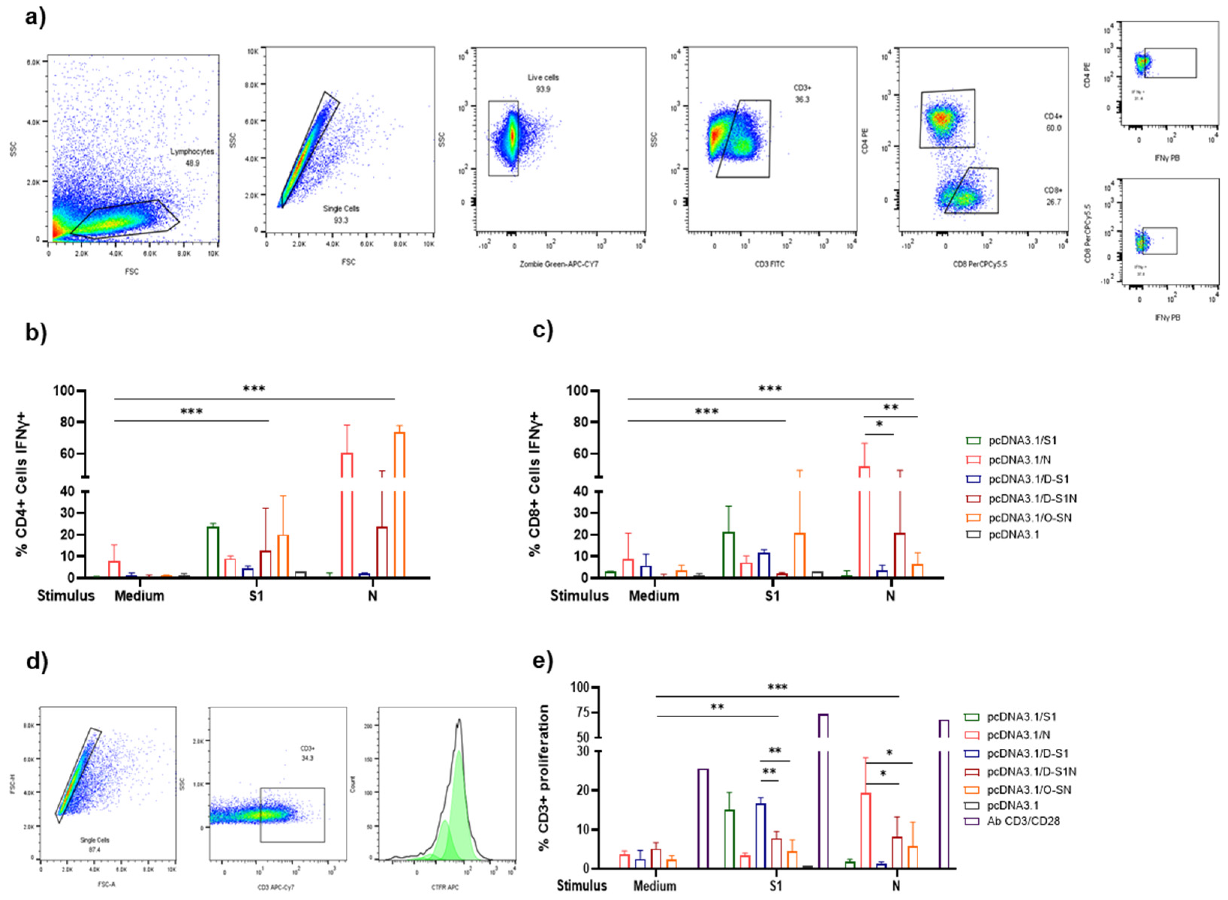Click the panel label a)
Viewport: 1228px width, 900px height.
coord(35,18)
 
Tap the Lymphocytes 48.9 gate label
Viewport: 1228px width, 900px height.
coord(192,157)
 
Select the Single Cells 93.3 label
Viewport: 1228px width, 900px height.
coord(341,214)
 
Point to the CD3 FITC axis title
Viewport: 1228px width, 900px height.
coord(769,264)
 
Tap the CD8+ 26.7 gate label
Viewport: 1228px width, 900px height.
coord(1053,196)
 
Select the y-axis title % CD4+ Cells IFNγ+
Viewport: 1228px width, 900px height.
coord(22,484)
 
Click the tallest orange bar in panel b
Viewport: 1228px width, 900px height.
coord(399,504)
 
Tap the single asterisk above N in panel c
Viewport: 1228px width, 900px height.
coord(879,424)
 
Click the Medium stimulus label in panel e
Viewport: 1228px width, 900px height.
coord(654,886)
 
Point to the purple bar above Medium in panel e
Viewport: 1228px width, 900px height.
coord(703,818)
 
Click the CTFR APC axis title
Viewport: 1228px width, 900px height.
coord(445,887)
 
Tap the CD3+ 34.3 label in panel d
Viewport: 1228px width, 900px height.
coord(307,753)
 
